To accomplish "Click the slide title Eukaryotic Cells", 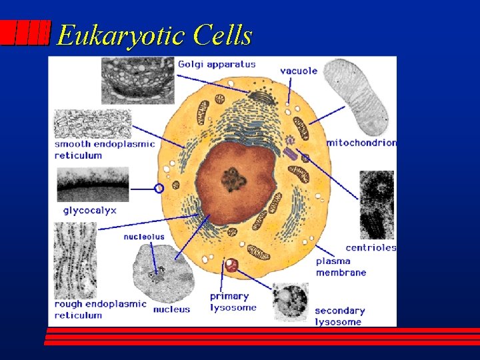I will point(155,35).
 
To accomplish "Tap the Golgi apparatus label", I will point(217,64).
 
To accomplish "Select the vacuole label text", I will point(299,71).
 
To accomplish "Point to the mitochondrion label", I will point(361,142).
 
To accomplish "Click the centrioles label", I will point(371,247).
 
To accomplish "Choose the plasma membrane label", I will point(341,267).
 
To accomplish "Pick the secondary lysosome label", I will point(339,316).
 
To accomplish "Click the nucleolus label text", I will point(143,237).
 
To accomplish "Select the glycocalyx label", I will point(89,210).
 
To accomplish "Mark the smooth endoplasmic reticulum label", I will point(105,149).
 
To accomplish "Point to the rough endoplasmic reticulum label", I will point(100,309).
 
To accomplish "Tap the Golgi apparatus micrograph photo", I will point(138,80).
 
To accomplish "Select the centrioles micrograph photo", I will point(377,205).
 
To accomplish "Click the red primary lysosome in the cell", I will point(231,265).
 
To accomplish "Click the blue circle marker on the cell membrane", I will point(159,189).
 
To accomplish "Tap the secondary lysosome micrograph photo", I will point(291,301).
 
